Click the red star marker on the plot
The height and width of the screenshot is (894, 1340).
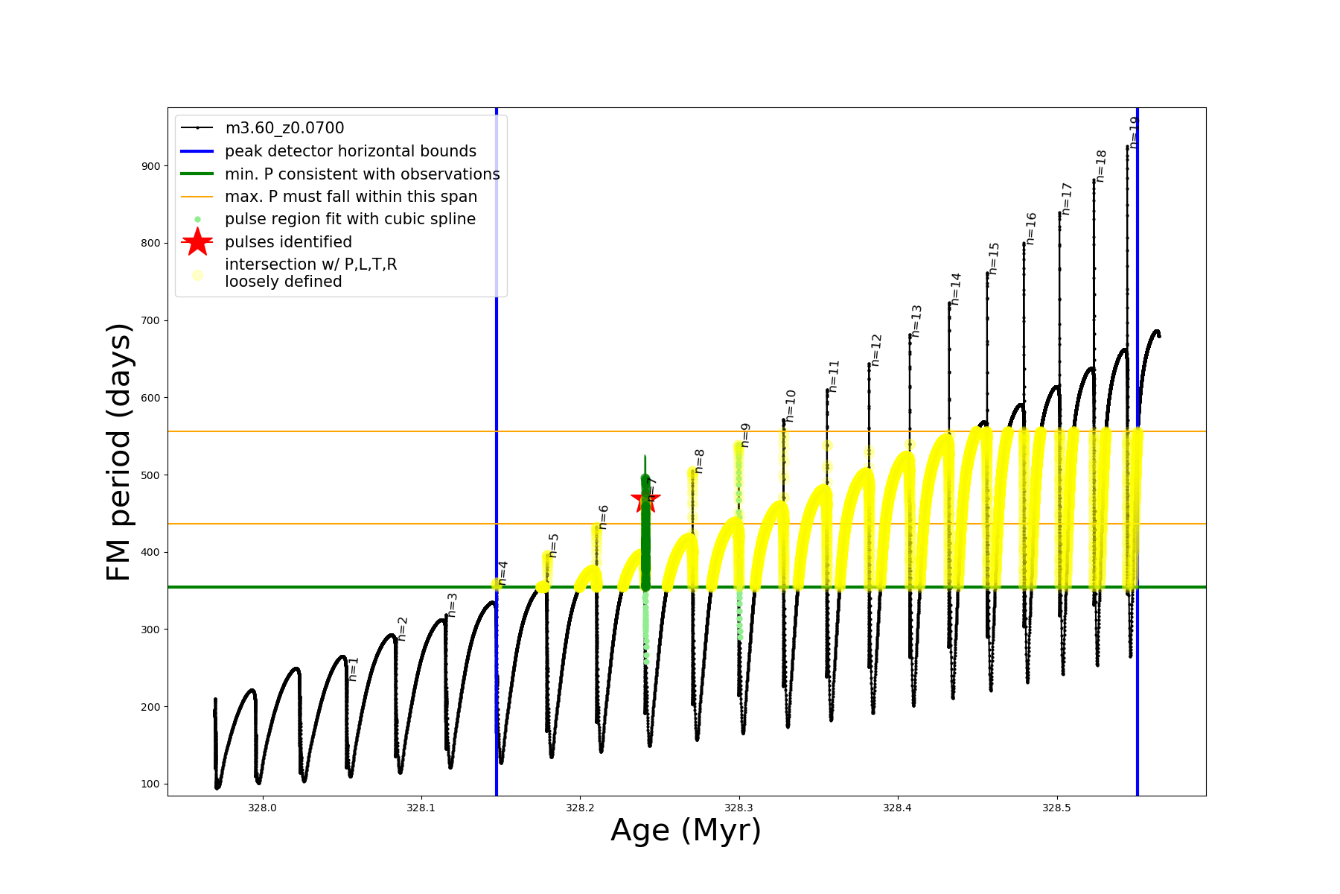tap(645, 500)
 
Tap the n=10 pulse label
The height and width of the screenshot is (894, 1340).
tap(791, 406)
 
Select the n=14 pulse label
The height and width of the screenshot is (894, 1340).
tap(956, 289)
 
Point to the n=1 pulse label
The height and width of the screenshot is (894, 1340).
tap(354, 668)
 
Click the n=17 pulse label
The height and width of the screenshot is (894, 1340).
tap(1067, 199)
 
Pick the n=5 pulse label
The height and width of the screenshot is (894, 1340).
tap(553, 545)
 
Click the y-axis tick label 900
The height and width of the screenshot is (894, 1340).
tap(150, 166)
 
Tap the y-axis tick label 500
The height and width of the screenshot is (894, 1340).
tap(150, 475)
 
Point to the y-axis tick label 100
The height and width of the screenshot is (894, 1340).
tap(150, 784)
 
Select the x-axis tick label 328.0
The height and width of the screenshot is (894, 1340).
tap(262, 808)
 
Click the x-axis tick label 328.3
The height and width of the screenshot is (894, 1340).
tap(738, 808)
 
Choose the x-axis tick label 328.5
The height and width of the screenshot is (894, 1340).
tap(1056, 808)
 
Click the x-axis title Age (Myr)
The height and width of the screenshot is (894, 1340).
tap(686, 831)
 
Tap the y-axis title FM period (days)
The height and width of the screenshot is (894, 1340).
tap(119, 451)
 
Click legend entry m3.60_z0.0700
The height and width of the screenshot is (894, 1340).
tap(284, 128)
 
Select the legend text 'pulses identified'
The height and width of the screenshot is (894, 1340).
tap(288, 242)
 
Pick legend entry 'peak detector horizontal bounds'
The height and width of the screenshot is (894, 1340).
tap(351, 151)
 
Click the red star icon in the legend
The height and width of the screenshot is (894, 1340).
tap(197, 241)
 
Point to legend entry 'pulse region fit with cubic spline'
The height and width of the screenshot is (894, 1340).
tap(350, 219)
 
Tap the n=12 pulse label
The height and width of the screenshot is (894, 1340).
tap(876, 350)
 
